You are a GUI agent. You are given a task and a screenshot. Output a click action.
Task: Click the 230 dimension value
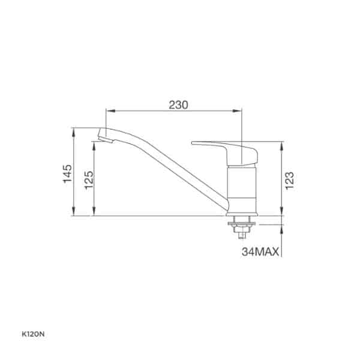(178, 105)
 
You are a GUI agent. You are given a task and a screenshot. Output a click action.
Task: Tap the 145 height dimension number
(67, 173)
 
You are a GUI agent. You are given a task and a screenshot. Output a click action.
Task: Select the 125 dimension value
(89, 180)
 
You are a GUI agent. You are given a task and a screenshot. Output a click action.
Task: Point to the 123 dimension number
(290, 181)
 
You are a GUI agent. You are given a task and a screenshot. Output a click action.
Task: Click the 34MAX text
(260, 252)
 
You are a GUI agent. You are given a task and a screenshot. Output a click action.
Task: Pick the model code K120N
(33, 335)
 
